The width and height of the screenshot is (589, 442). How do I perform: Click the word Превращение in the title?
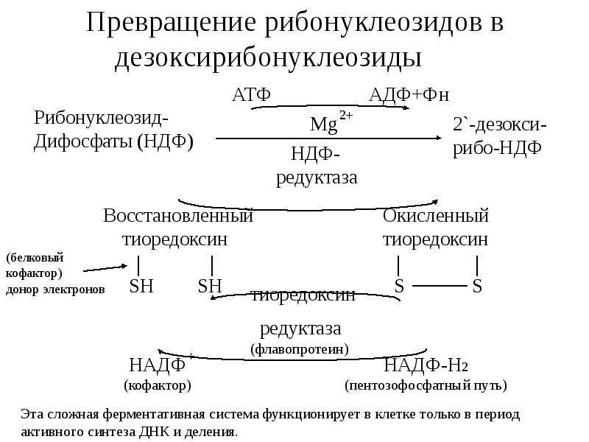click(x=172, y=24)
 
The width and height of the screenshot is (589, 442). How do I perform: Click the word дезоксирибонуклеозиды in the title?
click(x=268, y=59)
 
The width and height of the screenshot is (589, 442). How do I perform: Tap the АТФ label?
click(x=251, y=94)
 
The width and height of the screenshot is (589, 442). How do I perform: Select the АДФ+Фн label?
click(x=409, y=95)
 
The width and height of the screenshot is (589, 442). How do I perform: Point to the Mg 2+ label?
click(x=331, y=122)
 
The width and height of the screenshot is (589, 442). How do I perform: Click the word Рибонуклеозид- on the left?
click(x=102, y=118)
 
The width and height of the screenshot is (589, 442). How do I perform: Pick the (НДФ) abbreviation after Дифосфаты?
click(x=165, y=141)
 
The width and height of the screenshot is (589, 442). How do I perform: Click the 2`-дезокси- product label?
click(x=500, y=124)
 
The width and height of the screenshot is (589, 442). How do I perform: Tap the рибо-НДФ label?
click(x=497, y=148)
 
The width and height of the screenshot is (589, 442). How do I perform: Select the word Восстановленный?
click(x=178, y=216)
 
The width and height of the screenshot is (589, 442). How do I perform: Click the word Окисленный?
click(x=436, y=216)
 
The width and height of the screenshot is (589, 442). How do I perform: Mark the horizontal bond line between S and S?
click(x=440, y=286)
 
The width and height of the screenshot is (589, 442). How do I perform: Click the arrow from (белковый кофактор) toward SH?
click(x=105, y=268)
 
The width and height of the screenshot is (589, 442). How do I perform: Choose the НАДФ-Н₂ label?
click(x=426, y=365)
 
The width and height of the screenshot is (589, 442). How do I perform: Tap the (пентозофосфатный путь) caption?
click(x=426, y=385)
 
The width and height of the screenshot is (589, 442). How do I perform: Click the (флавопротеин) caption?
click(x=300, y=349)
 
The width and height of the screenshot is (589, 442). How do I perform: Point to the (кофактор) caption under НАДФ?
click(x=158, y=385)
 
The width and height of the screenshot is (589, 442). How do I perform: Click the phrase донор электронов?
click(x=55, y=290)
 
